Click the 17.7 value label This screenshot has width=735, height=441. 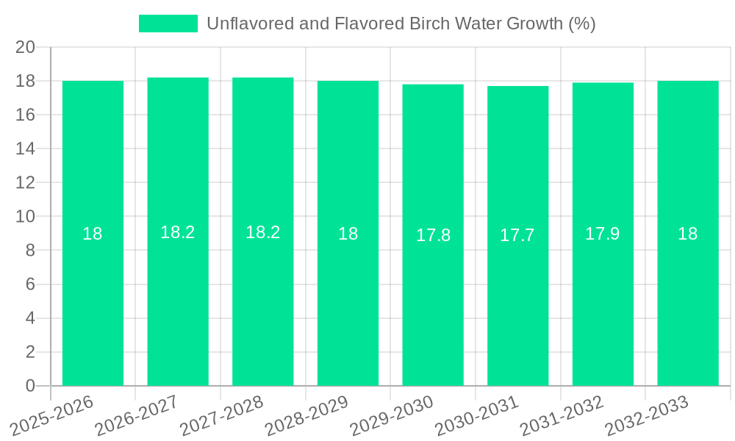(x=517, y=235)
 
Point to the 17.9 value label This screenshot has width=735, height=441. (x=603, y=234)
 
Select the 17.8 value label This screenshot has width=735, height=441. (x=433, y=235)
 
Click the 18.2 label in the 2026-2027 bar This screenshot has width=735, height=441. (x=178, y=232)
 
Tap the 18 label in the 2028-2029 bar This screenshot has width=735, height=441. (x=348, y=234)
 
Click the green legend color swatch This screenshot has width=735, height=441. (x=168, y=24)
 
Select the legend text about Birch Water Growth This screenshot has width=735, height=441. (x=401, y=24)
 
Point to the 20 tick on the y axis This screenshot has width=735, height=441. (x=26, y=47)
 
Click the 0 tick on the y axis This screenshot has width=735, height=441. (x=30, y=386)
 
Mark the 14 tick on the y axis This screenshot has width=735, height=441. (x=26, y=148)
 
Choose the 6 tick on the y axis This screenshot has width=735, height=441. (x=30, y=284)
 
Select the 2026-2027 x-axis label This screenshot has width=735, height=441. (x=139, y=416)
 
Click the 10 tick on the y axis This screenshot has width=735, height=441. (x=26, y=217)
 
